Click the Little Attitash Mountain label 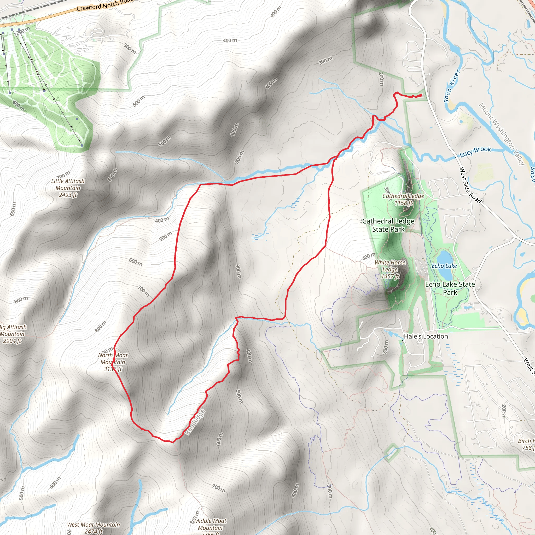pos(68,188)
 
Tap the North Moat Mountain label pos(113,362)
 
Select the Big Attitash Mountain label pos(12,334)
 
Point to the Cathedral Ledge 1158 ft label pos(403,199)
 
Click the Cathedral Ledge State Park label pos(388,225)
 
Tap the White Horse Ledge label pos(390,269)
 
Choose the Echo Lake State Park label pos(450,288)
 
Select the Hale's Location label pos(426,336)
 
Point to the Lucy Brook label pos(475,152)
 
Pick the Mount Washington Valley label pos(502,134)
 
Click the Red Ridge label pos(195,422)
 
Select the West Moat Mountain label pos(93,527)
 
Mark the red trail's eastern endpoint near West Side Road pos(421,95)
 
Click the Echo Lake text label pos(444,266)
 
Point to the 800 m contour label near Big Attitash pos(21,300)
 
